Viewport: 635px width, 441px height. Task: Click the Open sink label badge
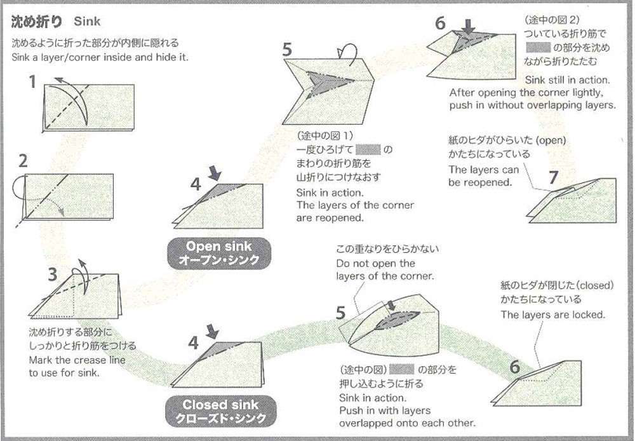(x=219, y=253)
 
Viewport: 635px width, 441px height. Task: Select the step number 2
(x=23, y=161)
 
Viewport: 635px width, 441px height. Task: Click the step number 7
(x=552, y=177)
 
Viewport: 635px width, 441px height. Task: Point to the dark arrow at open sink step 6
(x=469, y=27)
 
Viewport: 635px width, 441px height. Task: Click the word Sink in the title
(x=87, y=22)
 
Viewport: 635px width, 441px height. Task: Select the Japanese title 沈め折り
(x=37, y=22)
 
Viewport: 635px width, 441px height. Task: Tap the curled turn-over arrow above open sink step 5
(x=348, y=51)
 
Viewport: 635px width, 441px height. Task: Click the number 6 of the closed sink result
(x=514, y=367)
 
